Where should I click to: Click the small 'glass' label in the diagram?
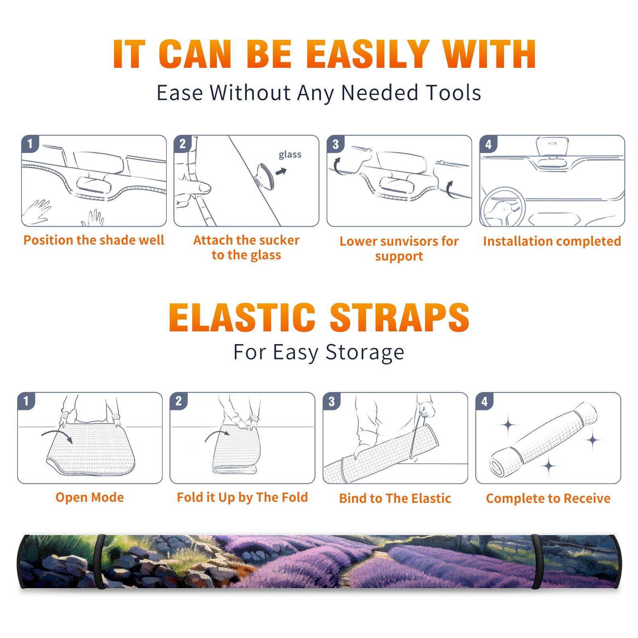click(290, 155)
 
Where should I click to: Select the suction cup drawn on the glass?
click(265, 176)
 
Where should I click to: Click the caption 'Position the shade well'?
click(94, 240)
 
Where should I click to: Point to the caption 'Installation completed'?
click(552, 241)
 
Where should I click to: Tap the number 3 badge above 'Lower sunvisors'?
click(336, 144)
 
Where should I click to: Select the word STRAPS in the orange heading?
click(400, 317)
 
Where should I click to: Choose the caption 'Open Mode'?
click(90, 497)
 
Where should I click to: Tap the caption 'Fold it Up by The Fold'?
click(242, 497)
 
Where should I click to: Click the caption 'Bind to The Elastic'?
click(395, 498)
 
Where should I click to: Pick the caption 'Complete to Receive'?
click(548, 498)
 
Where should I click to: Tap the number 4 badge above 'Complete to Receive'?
click(484, 401)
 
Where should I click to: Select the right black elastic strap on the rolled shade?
click(537, 561)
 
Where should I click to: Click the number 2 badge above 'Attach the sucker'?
click(183, 144)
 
